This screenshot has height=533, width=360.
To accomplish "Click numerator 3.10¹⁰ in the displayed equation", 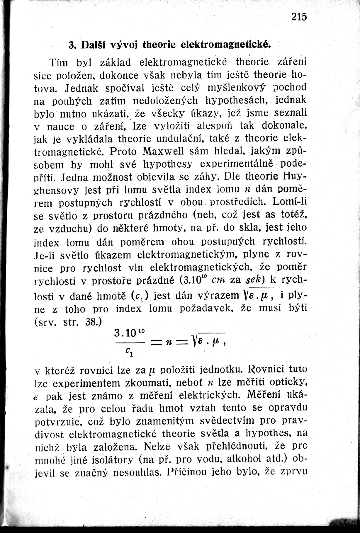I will coord(129,333).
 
